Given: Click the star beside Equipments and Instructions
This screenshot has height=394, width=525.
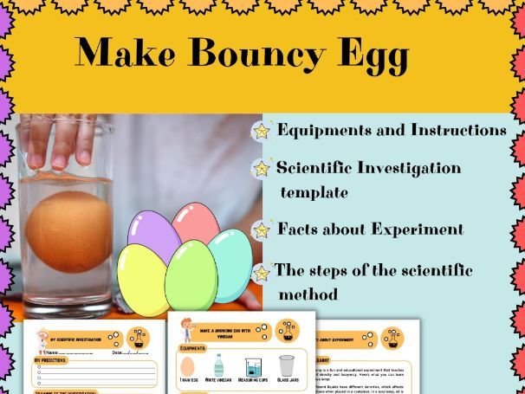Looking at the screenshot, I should (x=260, y=131).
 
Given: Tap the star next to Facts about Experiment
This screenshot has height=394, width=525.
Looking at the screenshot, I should (x=260, y=229).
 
